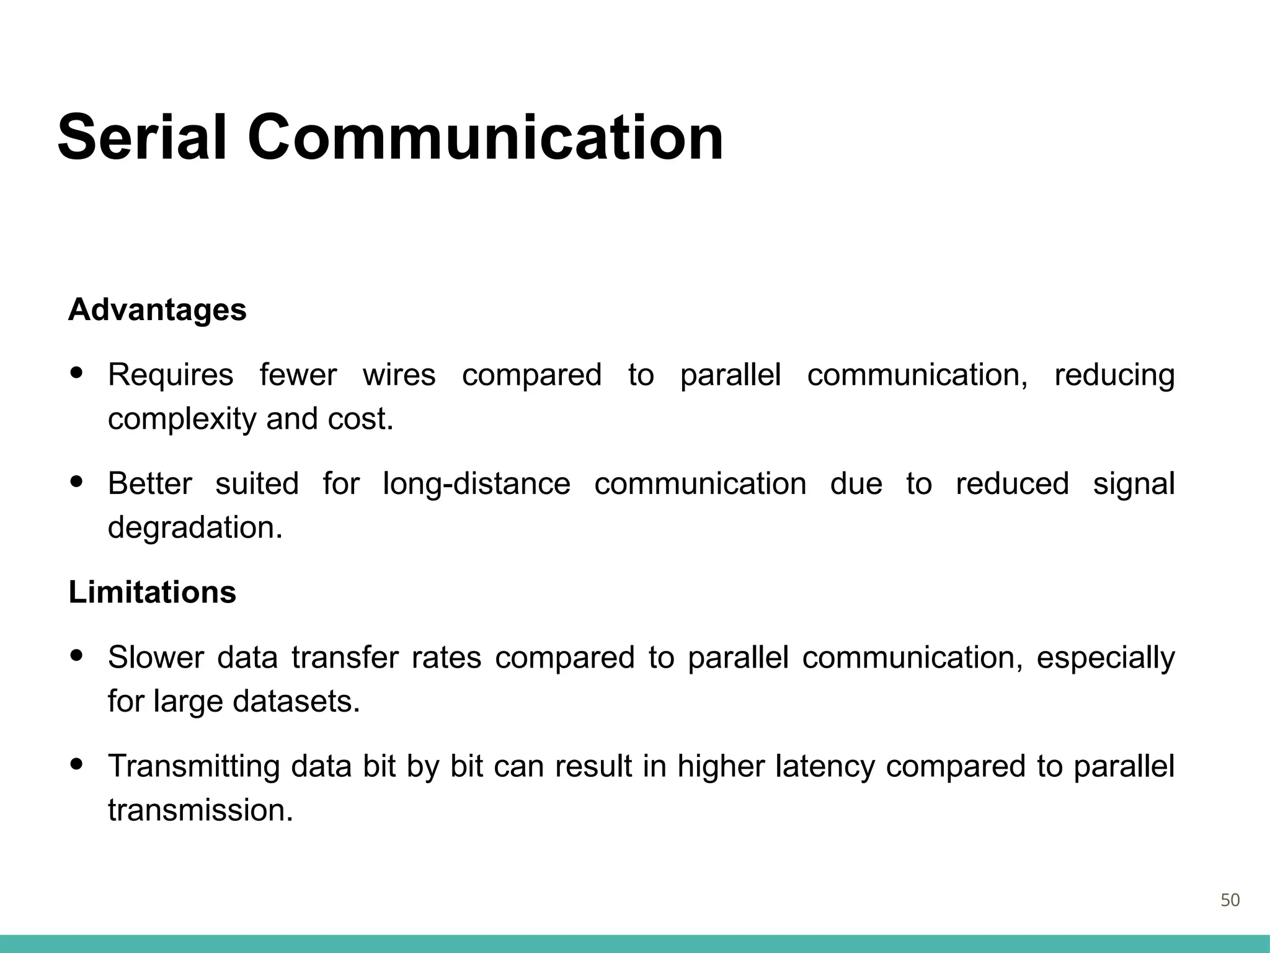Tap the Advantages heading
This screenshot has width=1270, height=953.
click(x=158, y=310)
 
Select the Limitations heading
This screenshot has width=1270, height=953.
click(x=153, y=592)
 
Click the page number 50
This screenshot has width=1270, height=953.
click(x=1230, y=900)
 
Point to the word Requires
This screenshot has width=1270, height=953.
click(x=171, y=375)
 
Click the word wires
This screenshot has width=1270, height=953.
click(x=399, y=375)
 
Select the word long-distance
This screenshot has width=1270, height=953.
click(x=476, y=484)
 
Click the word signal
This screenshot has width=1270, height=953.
click(x=1134, y=484)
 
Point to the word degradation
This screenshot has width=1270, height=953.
click(x=195, y=528)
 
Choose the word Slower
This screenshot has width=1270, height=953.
click(x=156, y=658)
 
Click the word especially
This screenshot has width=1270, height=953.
click(x=1106, y=658)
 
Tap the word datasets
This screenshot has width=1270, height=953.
click(x=296, y=702)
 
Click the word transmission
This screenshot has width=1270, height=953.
click(x=200, y=810)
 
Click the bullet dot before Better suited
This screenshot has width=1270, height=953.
click(x=77, y=482)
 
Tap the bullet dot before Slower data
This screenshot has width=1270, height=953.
click(x=77, y=656)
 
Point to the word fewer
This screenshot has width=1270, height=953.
click(x=298, y=375)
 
